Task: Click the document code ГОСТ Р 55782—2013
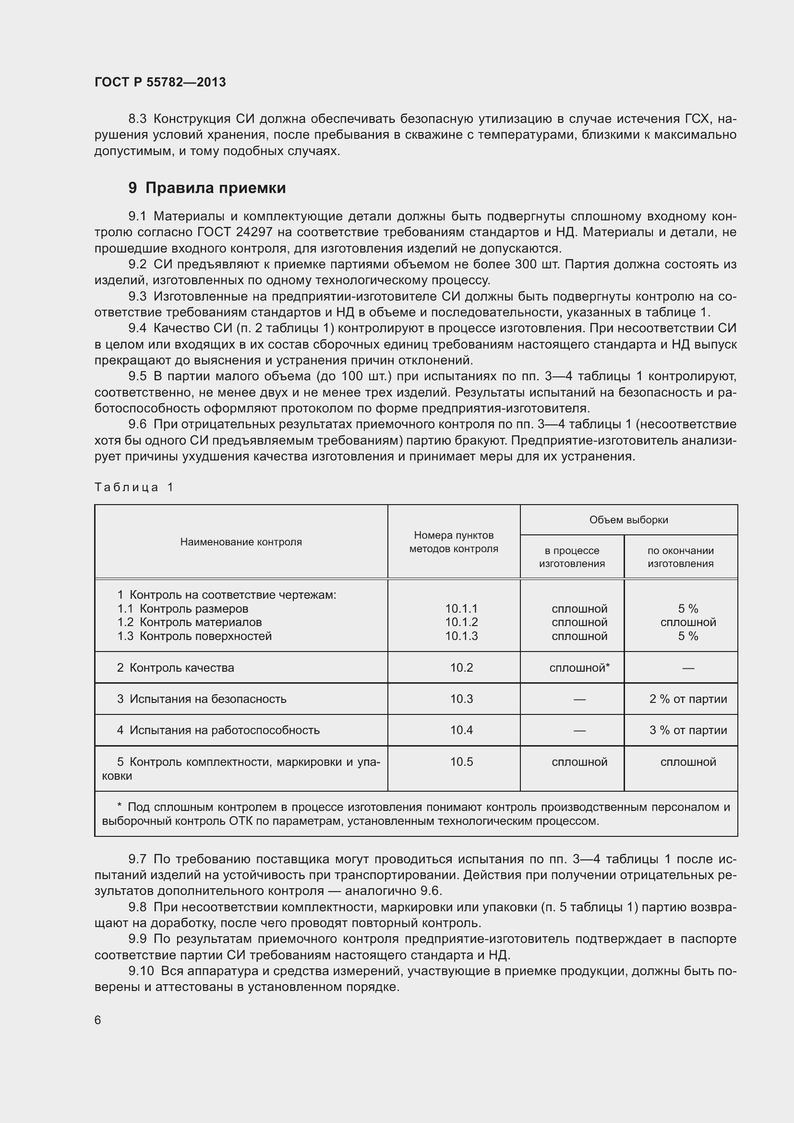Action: tap(160, 82)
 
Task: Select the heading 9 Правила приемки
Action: tap(207, 188)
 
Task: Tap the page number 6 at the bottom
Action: tap(98, 1019)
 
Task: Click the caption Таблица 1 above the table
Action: tap(134, 487)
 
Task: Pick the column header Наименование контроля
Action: tap(241, 542)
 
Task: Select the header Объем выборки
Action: tap(628, 520)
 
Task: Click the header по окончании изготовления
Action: tap(680, 557)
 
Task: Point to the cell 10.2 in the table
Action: tap(461, 668)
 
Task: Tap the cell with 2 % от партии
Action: tap(688, 699)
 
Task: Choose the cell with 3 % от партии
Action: tap(688, 730)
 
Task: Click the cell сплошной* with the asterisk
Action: tap(579, 668)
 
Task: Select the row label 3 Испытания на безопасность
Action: tap(202, 699)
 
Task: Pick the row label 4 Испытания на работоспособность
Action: tap(218, 730)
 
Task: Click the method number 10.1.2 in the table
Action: tap(461, 622)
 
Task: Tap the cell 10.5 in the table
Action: tap(461, 761)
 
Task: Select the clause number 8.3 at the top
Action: tap(137, 119)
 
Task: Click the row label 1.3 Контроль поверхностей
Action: tap(194, 636)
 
